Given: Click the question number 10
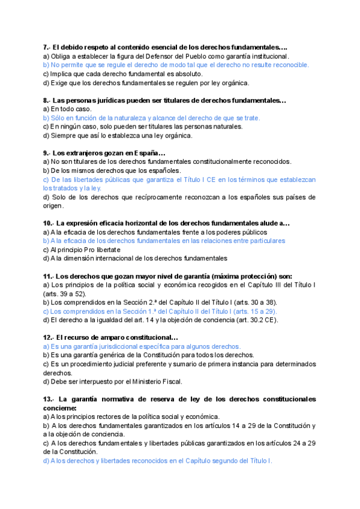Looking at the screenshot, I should coord(48,223).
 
